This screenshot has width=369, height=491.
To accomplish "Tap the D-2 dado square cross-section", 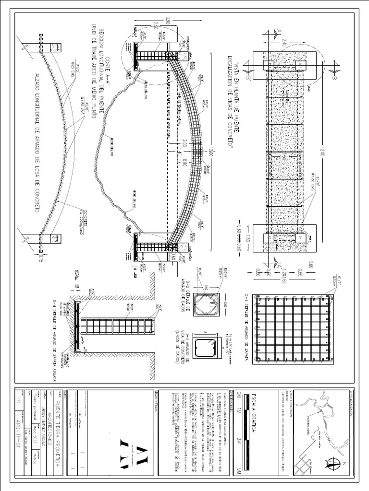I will click(x=208, y=305).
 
